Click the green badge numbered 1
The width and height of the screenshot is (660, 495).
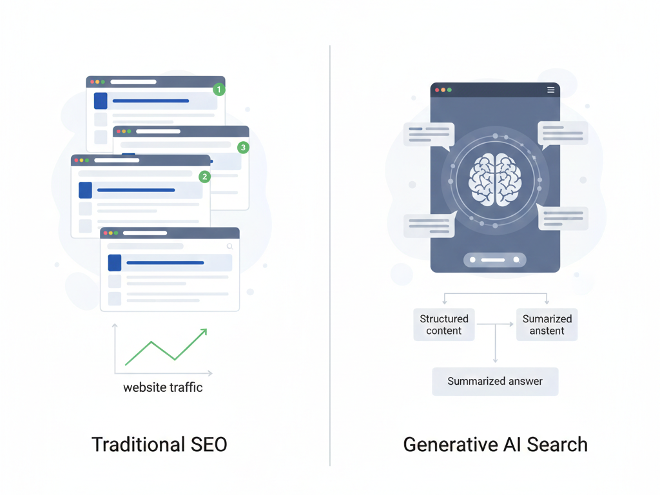219,90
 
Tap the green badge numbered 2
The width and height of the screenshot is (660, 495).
204,176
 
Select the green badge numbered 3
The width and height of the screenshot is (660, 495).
242,148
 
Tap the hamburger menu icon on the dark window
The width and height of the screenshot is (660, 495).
550,90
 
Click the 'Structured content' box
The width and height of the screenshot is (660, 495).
444,325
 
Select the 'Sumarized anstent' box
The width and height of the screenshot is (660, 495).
547,325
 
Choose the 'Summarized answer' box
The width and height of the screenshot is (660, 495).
495,382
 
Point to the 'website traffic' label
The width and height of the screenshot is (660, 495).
163,387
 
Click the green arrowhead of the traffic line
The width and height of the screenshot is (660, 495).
204,332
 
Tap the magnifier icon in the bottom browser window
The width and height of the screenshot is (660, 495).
229,246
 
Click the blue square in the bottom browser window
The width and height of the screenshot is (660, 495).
115,263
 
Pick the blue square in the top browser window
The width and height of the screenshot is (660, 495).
101,101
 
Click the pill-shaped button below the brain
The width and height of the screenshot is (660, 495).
495,260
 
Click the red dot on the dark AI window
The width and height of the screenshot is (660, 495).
437,90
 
